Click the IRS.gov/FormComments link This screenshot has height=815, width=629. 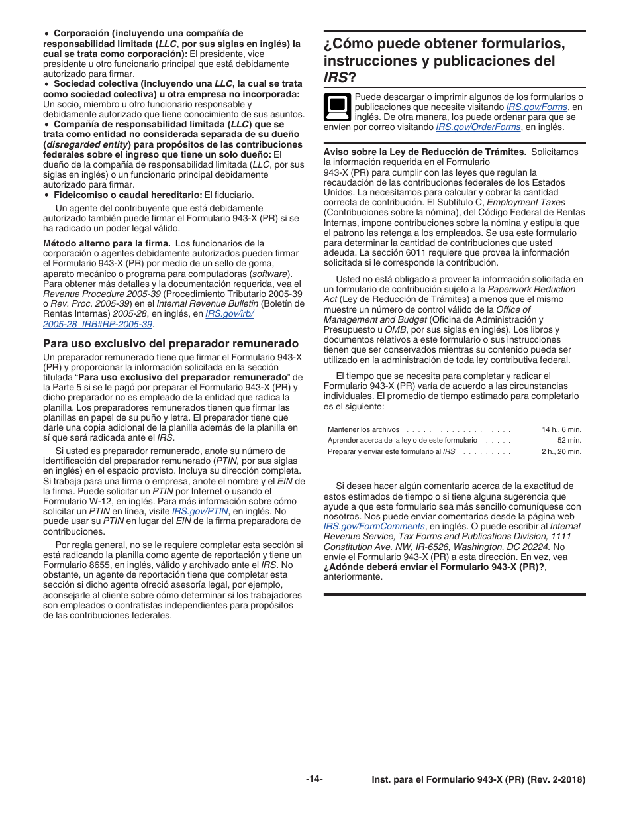[x=374, y=526]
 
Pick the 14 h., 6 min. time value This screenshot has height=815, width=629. [x=561, y=429]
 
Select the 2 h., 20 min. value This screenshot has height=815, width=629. [x=561, y=451]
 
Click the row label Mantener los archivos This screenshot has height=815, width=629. [x=363, y=429]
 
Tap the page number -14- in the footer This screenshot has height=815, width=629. [x=314, y=779]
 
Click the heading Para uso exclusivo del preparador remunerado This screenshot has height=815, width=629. [x=171, y=343]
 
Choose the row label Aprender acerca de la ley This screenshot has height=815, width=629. [x=402, y=440]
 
